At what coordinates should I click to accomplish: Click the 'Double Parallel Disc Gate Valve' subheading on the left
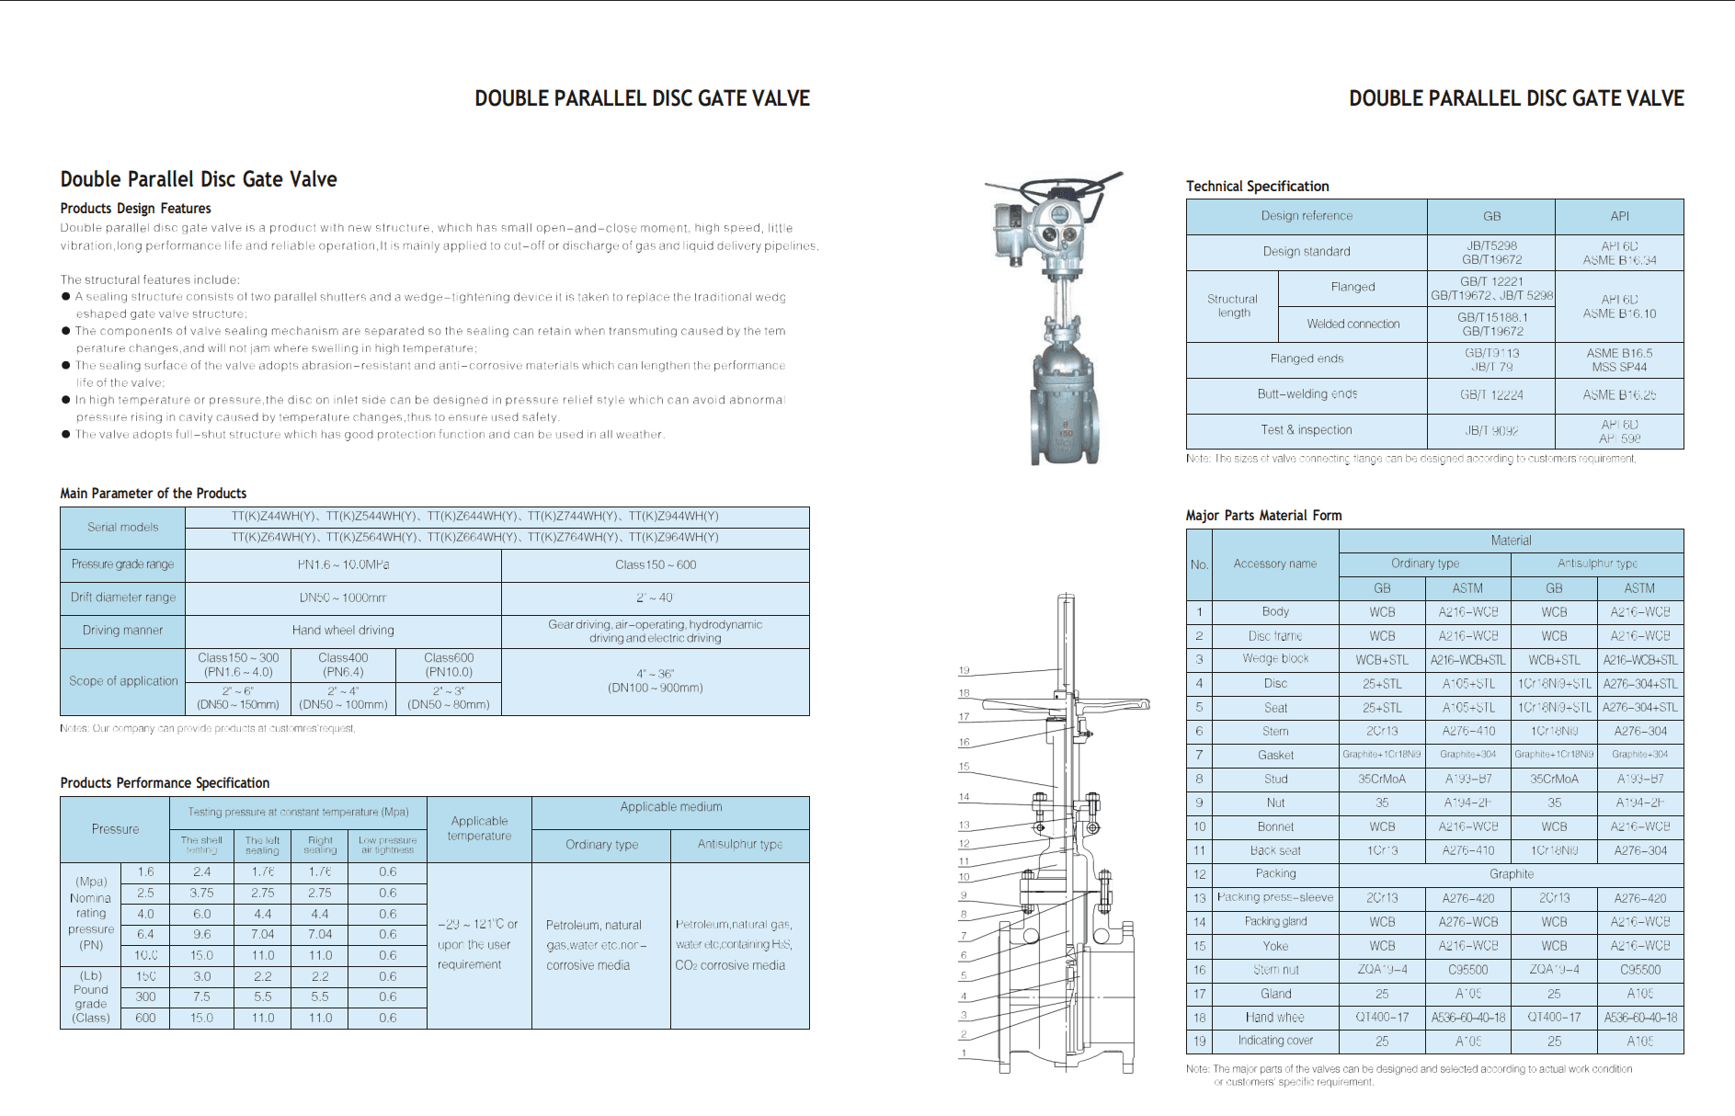pyautogui.click(x=199, y=179)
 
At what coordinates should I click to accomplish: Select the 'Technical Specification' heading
pyautogui.click(x=1257, y=187)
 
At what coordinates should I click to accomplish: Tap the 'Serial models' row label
pyautogui.click(x=122, y=528)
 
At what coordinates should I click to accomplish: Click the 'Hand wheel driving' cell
pyautogui.click(x=343, y=631)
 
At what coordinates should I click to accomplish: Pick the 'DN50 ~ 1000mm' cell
pyautogui.click(x=343, y=598)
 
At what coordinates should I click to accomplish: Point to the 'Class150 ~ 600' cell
pyautogui.click(x=656, y=565)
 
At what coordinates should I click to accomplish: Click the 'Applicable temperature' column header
pyautogui.click(x=479, y=828)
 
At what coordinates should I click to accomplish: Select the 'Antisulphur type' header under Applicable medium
pyautogui.click(x=739, y=845)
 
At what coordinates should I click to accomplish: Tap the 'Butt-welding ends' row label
pyautogui.click(x=1307, y=394)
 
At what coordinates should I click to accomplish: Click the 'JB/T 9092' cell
pyautogui.click(x=1490, y=430)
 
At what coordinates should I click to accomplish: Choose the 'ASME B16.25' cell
pyautogui.click(x=1619, y=395)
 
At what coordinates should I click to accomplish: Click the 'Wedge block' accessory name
pyautogui.click(x=1275, y=659)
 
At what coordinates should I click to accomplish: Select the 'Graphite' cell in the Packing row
pyautogui.click(x=1511, y=874)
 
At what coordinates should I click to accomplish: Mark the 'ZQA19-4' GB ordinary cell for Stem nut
pyautogui.click(x=1382, y=970)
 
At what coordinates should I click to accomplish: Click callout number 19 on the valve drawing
pyautogui.click(x=964, y=671)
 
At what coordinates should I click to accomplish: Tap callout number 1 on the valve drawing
pyautogui.click(x=964, y=1053)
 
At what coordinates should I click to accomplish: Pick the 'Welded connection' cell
pyautogui.click(x=1353, y=325)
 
